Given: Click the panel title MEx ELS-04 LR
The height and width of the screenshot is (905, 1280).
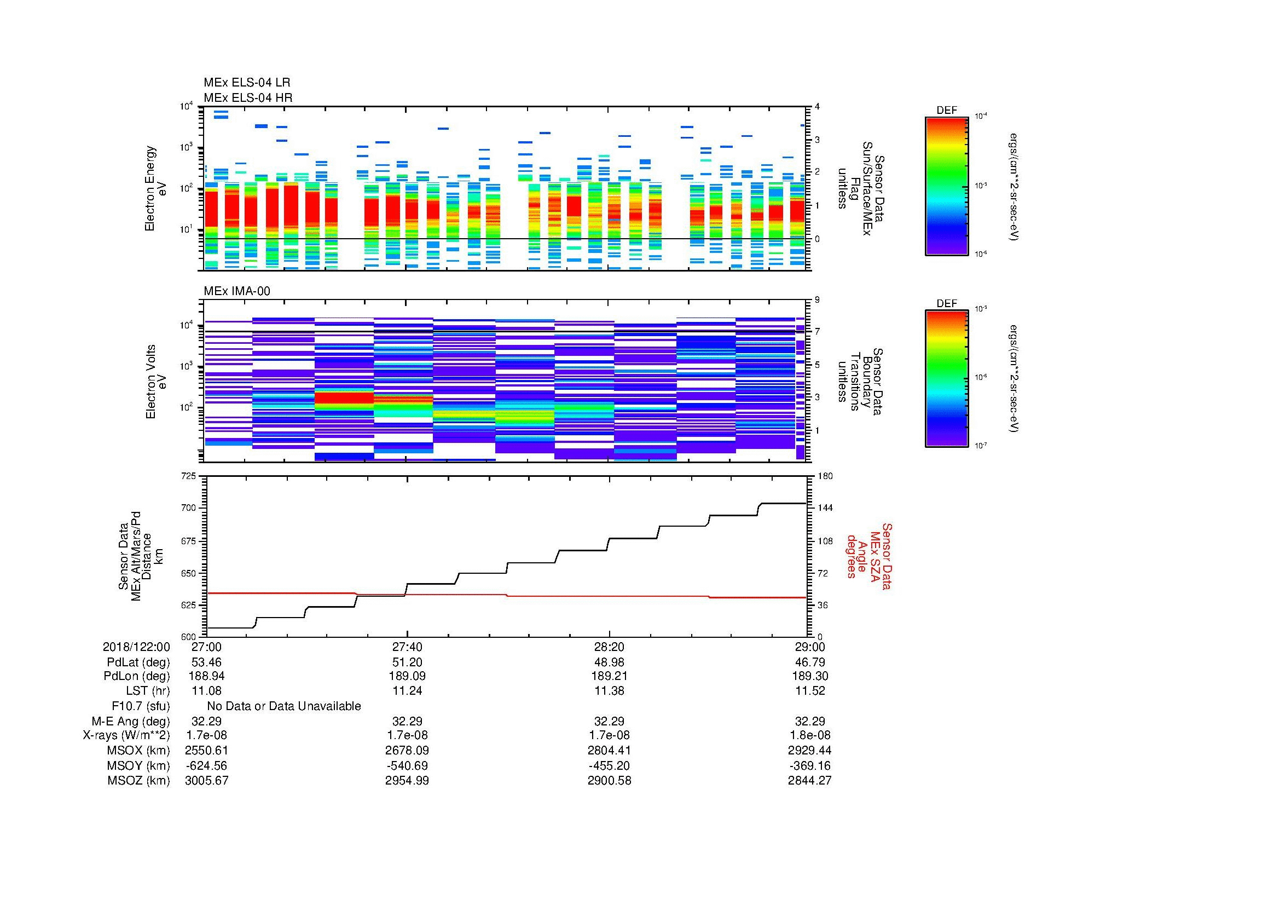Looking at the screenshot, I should tap(246, 83).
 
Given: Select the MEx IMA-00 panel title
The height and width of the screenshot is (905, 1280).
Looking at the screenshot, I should tap(236, 291).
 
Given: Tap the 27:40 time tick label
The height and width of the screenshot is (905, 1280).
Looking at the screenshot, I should tap(407, 647).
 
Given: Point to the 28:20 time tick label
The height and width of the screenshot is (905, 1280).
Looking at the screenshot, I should tap(609, 647).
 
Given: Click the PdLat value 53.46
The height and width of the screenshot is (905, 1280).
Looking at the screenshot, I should tap(206, 662).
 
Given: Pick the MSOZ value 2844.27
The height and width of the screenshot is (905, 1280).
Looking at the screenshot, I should tap(809, 781).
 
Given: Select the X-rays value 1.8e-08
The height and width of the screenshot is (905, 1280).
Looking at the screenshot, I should tap(809, 735).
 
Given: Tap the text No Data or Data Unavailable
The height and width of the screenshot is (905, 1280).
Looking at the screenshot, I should tap(284, 706).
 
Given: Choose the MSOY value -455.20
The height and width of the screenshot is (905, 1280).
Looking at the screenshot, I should tap(609, 765).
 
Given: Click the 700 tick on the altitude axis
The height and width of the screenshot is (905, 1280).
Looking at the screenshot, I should tap(189, 508).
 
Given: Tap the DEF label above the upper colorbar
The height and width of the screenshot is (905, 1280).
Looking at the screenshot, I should tap(947, 111).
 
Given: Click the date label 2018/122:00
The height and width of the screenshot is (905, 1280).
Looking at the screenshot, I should tap(136, 647).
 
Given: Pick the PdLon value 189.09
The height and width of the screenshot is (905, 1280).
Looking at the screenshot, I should tap(407, 676).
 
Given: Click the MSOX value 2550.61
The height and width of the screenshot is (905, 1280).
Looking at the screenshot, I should tap(206, 751).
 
